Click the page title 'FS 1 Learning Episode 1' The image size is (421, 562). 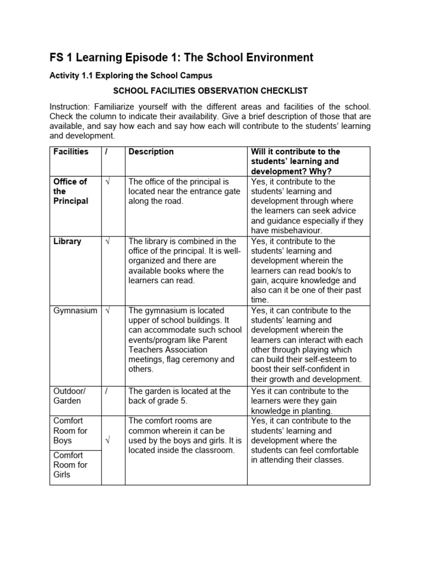click(181, 58)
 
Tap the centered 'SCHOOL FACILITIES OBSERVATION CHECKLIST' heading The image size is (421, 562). click(210, 91)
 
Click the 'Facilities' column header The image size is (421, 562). click(71, 152)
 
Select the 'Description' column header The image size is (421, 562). click(151, 152)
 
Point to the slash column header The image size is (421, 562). click(107, 152)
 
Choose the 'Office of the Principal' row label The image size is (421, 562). click(70, 191)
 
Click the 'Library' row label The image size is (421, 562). click(67, 241)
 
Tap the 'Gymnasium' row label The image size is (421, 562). click(75, 311)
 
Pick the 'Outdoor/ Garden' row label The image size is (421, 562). click(70, 396)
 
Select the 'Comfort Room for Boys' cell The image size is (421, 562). click(70, 431)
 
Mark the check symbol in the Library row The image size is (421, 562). click(107, 241)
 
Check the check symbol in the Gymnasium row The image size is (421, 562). click(107, 311)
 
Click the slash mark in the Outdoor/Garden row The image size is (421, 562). click(107, 391)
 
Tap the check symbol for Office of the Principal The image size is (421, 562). click(107, 182)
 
